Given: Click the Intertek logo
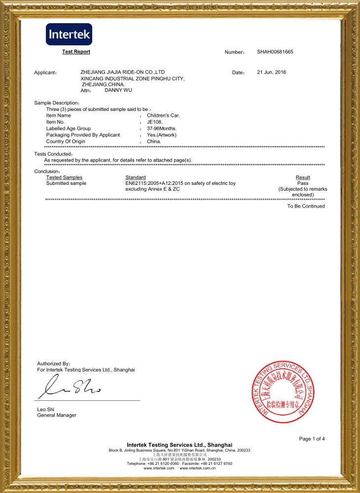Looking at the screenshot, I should click(69, 34).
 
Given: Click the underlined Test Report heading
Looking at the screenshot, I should click(76, 52).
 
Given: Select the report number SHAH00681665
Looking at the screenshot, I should click(275, 52).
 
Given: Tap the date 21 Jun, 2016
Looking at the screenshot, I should click(271, 72).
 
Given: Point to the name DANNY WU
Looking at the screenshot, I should click(118, 90).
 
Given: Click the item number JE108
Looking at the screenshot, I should click(155, 122).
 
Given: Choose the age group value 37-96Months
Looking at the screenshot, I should click(162, 128).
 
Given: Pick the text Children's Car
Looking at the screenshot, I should click(163, 115).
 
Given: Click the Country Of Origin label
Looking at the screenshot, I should click(66, 141).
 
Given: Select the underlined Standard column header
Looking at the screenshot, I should click(136, 177).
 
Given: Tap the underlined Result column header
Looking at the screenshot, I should click(303, 177).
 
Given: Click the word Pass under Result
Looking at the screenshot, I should click(303, 183).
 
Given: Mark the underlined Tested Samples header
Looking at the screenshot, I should click(64, 177).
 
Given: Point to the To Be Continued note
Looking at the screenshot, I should click(306, 206).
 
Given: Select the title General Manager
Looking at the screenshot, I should click(57, 415).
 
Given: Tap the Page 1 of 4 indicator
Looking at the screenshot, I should click(312, 439).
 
